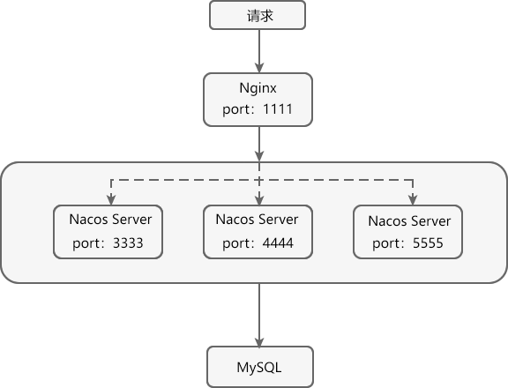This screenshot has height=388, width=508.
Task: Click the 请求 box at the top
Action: [x=258, y=16]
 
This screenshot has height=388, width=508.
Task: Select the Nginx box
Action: [x=258, y=100]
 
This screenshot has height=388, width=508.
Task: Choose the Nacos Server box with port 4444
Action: [x=258, y=231]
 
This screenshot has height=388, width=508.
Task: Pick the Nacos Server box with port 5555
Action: [x=408, y=231]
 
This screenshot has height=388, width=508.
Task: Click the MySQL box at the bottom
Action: [x=258, y=366]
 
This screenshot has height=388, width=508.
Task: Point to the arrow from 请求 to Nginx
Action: [x=258, y=49]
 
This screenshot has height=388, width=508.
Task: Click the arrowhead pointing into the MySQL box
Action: [x=258, y=341]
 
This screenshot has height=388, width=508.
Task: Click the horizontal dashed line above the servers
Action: [x=335, y=179]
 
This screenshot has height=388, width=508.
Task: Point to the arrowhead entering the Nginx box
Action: [x=258, y=68]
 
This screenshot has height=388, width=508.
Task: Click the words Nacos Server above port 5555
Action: [x=408, y=220]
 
